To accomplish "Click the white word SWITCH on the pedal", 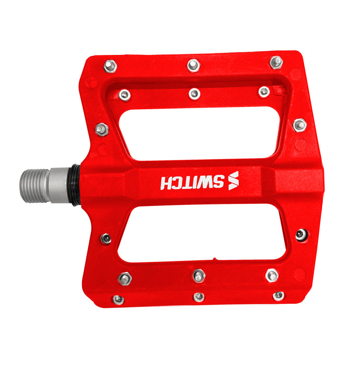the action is (192, 182).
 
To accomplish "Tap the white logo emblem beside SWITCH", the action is (234, 180).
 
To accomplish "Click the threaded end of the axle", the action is (35, 186).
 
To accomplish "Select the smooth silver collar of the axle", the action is (59, 185).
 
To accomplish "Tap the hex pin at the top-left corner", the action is (110, 66).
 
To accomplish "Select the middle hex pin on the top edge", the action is (193, 65).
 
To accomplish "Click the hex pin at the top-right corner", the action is (276, 62).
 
